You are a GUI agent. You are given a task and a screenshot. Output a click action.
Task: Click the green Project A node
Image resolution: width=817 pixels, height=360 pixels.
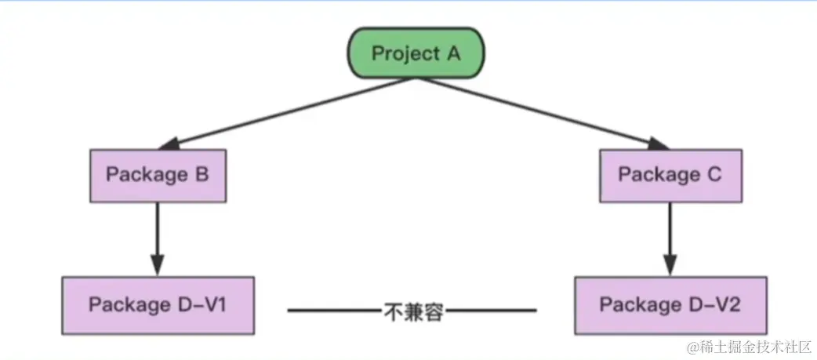click(416, 53)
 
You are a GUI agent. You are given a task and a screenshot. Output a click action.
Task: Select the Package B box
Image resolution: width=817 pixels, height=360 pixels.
click(157, 174)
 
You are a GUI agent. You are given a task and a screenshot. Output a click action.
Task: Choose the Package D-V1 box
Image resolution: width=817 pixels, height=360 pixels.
click(157, 304)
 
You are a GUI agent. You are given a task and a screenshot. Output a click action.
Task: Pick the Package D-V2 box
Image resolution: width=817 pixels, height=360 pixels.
click(670, 304)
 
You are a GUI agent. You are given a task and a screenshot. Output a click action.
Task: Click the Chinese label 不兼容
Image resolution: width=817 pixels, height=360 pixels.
click(414, 311)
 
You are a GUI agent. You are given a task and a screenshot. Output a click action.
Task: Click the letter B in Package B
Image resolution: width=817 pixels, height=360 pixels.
click(202, 174)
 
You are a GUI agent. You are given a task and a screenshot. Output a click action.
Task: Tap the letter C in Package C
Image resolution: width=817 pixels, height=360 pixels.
click(713, 174)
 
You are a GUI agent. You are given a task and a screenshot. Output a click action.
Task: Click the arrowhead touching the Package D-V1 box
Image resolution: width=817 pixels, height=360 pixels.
click(157, 264)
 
